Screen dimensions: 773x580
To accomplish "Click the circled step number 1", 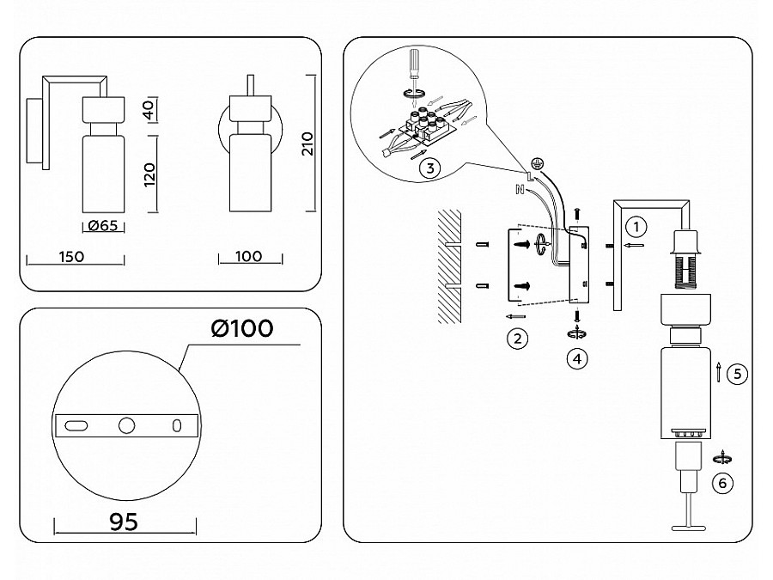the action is click(636, 227).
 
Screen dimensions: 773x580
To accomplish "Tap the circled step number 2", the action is click(517, 339).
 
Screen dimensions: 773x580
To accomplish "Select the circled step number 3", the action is click(430, 168).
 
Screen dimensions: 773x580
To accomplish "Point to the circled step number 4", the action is click(577, 359).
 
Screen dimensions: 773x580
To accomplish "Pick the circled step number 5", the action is click(737, 374).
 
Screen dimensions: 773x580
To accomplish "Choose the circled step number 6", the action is click(722, 483).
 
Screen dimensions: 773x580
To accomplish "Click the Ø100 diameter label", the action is click(242, 328).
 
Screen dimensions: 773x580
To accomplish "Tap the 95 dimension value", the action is click(124, 522).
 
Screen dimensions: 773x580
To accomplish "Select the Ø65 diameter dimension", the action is click(103, 226).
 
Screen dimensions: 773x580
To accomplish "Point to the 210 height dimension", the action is click(307, 143).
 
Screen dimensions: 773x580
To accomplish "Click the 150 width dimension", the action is click(71, 256).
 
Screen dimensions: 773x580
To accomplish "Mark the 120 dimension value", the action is click(149, 174).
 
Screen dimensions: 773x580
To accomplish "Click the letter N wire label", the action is click(519, 189).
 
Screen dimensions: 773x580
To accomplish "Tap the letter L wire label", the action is click(529, 176).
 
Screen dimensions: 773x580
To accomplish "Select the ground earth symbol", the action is click(537, 163).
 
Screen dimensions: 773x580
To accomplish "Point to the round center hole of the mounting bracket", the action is click(127, 425).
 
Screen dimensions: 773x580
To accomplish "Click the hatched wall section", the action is click(449, 266).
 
